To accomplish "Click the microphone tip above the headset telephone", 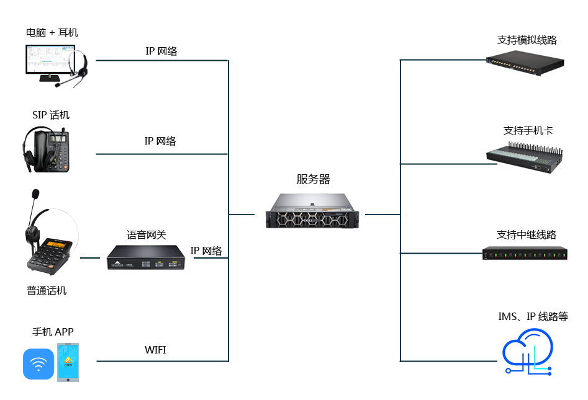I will point(35,193).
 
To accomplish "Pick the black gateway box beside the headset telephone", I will point(145,257).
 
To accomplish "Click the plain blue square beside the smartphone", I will point(38,363).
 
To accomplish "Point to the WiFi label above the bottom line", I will point(155,350).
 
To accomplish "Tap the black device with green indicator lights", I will point(525,253).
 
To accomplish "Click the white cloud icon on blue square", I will point(527,352).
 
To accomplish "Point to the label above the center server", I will point(314,180).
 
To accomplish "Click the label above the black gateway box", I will point(147,234).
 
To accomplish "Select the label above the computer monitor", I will point(52,32).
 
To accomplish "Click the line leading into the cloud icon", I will point(447,360).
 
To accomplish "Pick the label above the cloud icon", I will point(533,316).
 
